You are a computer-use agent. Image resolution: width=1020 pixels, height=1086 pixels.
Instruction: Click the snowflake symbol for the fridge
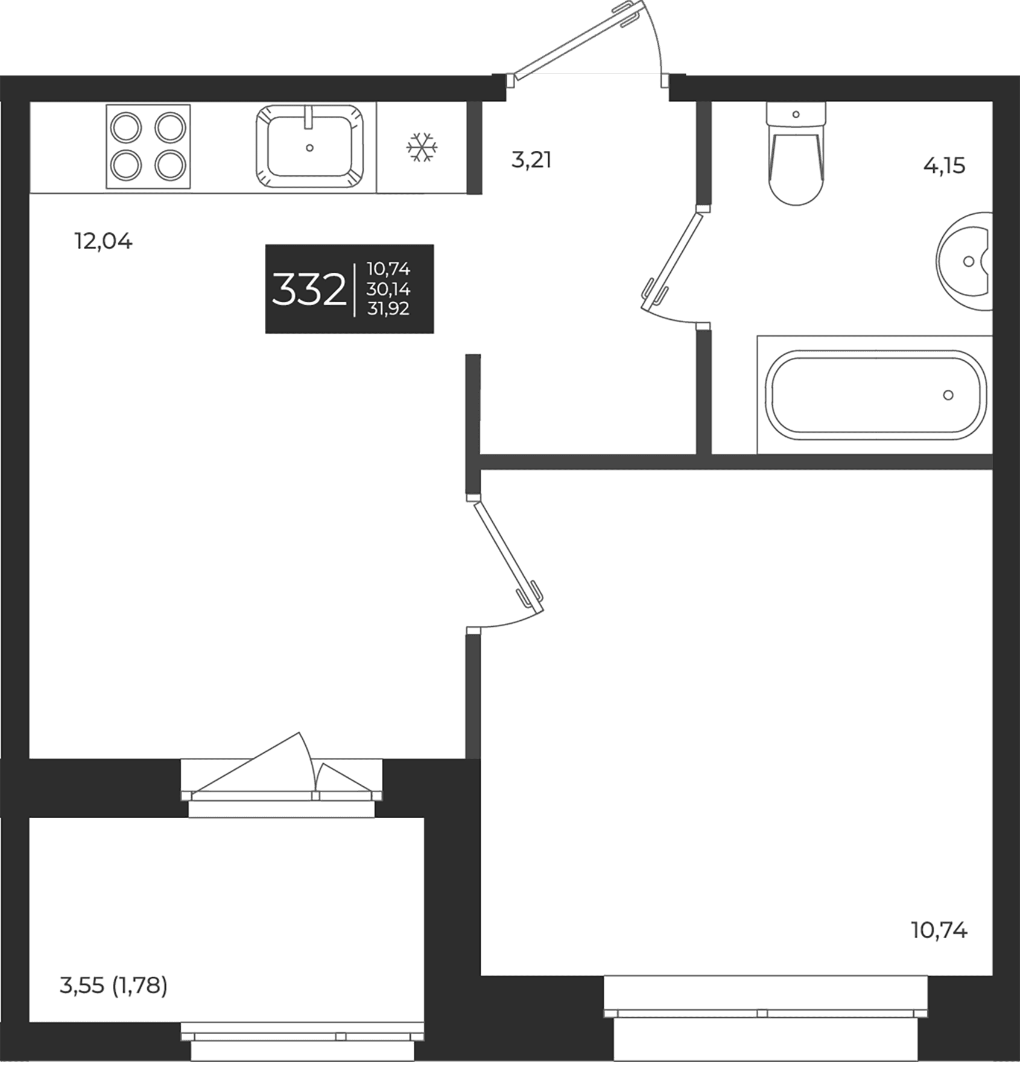(422, 148)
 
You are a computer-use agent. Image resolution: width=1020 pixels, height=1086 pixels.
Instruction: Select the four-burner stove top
(148, 147)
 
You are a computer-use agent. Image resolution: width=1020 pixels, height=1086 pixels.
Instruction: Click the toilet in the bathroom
(796, 153)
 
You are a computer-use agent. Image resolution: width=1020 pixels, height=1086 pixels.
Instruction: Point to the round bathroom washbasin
(965, 261)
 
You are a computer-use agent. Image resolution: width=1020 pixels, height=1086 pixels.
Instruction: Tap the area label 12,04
(103, 242)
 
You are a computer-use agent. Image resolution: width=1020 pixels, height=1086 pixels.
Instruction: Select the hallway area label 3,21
(531, 160)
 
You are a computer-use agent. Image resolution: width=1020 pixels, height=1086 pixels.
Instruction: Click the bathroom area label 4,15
(944, 165)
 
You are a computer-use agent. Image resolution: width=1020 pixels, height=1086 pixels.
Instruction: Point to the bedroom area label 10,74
(939, 931)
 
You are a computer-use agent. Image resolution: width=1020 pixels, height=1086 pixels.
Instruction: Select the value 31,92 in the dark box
(388, 309)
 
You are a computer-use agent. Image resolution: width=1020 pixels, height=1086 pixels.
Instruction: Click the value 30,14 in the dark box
(388, 289)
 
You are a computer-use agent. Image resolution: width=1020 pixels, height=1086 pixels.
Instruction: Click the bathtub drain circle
(948, 395)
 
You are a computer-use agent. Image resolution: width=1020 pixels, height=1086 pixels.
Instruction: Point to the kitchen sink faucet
(309, 116)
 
